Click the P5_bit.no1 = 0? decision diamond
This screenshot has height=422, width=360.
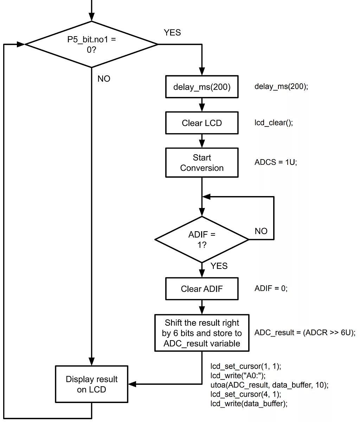(x=91, y=45)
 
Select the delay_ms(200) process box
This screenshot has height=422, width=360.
(x=202, y=87)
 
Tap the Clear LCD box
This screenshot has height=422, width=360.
(x=202, y=123)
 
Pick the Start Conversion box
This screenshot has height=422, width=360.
(x=202, y=163)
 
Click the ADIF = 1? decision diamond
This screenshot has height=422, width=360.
(x=202, y=240)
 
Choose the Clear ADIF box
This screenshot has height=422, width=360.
(x=202, y=289)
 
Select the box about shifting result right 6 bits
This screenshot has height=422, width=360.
(x=202, y=333)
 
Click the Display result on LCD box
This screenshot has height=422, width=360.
(x=91, y=384)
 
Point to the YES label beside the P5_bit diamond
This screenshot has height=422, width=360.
(x=172, y=33)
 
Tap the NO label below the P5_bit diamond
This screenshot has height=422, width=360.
(x=104, y=79)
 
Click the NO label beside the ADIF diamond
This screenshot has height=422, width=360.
(x=261, y=231)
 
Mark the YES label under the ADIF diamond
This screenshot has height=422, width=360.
(x=219, y=266)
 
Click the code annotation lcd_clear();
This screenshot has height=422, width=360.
(x=274, y=123)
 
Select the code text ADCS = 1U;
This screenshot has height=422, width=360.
(x=276, y=163)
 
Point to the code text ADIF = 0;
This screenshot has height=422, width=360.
(x=271, y=289)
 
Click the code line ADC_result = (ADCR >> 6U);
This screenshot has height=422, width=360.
(x=305, y=333)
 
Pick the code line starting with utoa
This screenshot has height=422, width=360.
(x=269, y=385)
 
